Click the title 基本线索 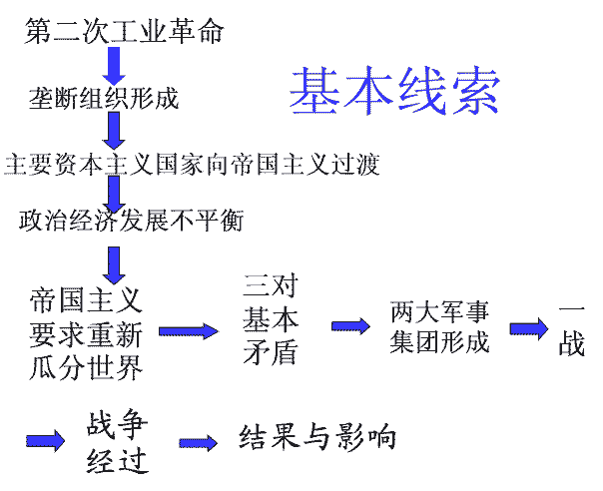click(x=394, y=90)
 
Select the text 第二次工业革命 click(x=125, y=32)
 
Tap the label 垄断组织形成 click(x=104, y=98)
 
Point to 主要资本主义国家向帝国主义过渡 click(x=192, y=163)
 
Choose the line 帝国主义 click(x=87, y=298)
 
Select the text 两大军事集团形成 click(x=440, y=326)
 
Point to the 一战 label click(x=571, y=329)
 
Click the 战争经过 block click(x=118, y=441)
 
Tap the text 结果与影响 click(x=317, y=437)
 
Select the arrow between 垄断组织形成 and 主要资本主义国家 click(x=114, y=131)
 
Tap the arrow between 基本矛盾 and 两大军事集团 click(x=349, y=326)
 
